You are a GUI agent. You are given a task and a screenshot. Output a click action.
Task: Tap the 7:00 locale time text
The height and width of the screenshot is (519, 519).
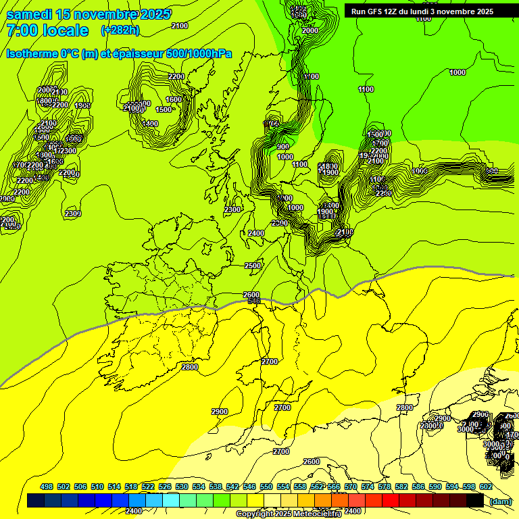pyautogui.click(x=47, y=30)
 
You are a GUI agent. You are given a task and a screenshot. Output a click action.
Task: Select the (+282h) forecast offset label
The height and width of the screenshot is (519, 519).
pyautogui.click(x=120, y=30)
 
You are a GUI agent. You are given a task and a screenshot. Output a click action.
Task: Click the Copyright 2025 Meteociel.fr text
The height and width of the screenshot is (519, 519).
pyautogui.click(x=289, y=514)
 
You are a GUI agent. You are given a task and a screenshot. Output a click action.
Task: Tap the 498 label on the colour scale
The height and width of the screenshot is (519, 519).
pyautogui.click(x=47, y=487)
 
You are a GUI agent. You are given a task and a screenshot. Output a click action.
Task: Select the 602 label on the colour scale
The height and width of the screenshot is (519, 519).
pyautogui.click(x=486, y=487)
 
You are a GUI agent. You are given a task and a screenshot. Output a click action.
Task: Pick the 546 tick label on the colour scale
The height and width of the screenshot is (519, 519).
pyautogui.click(x=249, y=487)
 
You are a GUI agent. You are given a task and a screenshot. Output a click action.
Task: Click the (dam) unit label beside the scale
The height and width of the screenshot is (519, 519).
pyautogui.click(x=500, y=501)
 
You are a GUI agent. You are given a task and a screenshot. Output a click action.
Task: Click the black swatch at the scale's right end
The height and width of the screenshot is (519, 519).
pyautogui.click(x=475, y=500)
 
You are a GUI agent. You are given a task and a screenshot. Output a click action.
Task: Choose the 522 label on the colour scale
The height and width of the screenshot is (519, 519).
pyautogui.click(x=148, y=487)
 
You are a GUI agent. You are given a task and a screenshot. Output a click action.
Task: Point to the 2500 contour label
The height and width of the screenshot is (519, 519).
pyautogui.click(x=253, y=266)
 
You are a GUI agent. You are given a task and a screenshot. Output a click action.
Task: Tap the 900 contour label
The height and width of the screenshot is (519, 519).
pyautogui.click(x=283, y=147)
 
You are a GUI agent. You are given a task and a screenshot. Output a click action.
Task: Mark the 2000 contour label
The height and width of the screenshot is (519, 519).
pyautogui.click(x=310, y=30)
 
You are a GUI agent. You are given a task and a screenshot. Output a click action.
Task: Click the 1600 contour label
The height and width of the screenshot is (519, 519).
pyautogui.click(x=174, y=99)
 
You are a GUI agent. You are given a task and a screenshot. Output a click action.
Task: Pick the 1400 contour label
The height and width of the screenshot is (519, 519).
pyautogui.click(x=150, y=124)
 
